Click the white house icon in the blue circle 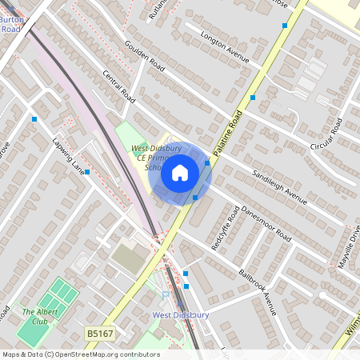(180, 172)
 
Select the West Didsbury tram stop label (180, 315)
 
